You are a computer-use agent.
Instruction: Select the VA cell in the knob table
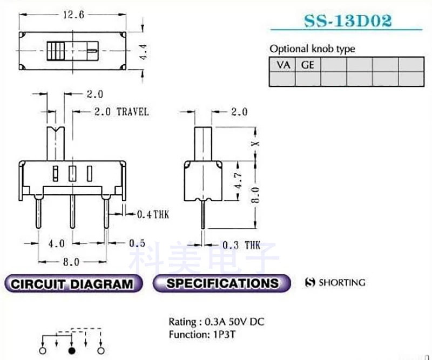point(282,65)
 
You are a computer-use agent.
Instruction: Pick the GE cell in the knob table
point(308,65)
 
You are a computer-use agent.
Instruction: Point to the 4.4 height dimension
point(144,52)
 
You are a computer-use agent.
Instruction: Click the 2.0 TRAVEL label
point(121,112)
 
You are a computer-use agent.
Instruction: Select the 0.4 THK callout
point(153,215)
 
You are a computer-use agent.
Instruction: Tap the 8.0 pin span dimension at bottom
point(71,262)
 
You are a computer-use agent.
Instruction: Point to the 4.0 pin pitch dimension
point(57,243)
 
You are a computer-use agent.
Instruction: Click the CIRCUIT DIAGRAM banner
point(72,283)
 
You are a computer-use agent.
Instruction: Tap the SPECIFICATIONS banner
point(222,283)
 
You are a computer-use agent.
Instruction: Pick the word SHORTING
point(341,282)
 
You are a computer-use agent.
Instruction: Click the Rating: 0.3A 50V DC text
point(216,322)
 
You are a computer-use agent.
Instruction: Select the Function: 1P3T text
point(201,334)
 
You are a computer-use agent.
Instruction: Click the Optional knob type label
point(312,49)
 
